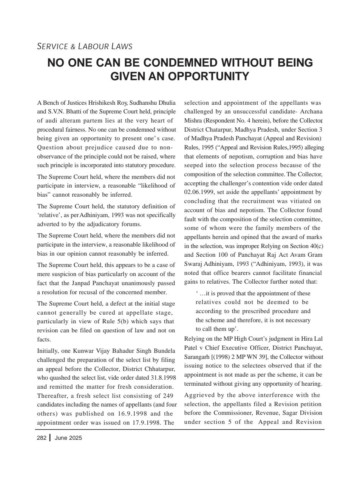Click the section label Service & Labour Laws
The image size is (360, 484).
[85, 47]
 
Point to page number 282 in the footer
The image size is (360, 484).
[42, 438]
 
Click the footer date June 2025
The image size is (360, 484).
[68, 438]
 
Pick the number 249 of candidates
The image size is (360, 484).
[168, 396]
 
